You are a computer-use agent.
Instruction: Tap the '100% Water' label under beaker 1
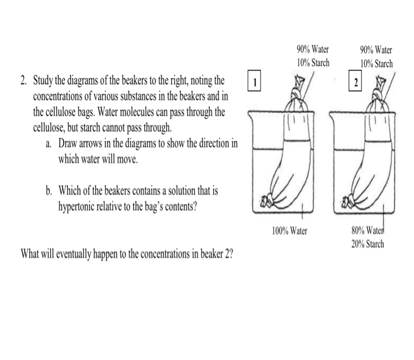[x=290, y=230]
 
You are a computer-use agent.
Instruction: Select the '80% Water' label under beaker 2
[x=368, y=232]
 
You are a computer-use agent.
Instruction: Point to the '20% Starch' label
[x=368, y=244]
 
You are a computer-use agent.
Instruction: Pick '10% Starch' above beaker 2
[x=377, y=63]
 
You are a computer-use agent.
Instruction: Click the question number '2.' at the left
[x=24, y=81]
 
